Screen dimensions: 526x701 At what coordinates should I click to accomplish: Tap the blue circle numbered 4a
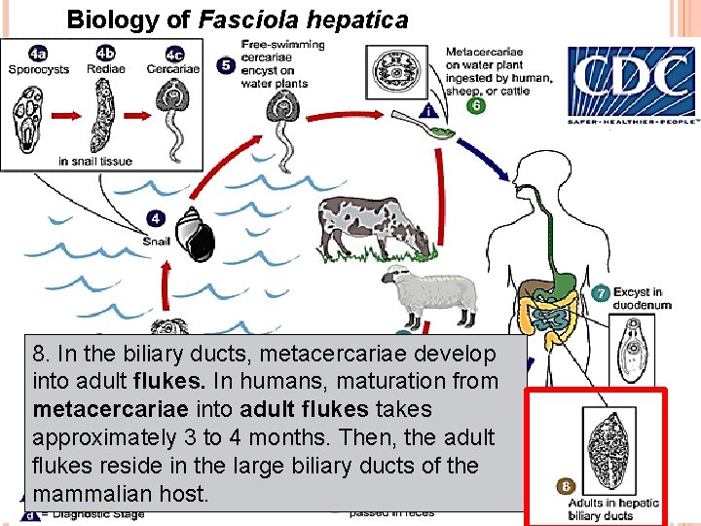37,54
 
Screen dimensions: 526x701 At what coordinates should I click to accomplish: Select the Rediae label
104,69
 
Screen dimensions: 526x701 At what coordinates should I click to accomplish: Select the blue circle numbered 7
601,292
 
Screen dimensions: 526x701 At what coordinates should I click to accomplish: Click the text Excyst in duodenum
641,298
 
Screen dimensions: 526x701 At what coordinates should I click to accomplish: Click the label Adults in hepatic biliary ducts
613,509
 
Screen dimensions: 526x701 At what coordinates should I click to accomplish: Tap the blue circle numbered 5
225,66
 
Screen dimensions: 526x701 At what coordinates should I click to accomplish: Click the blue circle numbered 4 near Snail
155,217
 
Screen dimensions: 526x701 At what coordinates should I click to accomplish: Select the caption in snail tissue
95,162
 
